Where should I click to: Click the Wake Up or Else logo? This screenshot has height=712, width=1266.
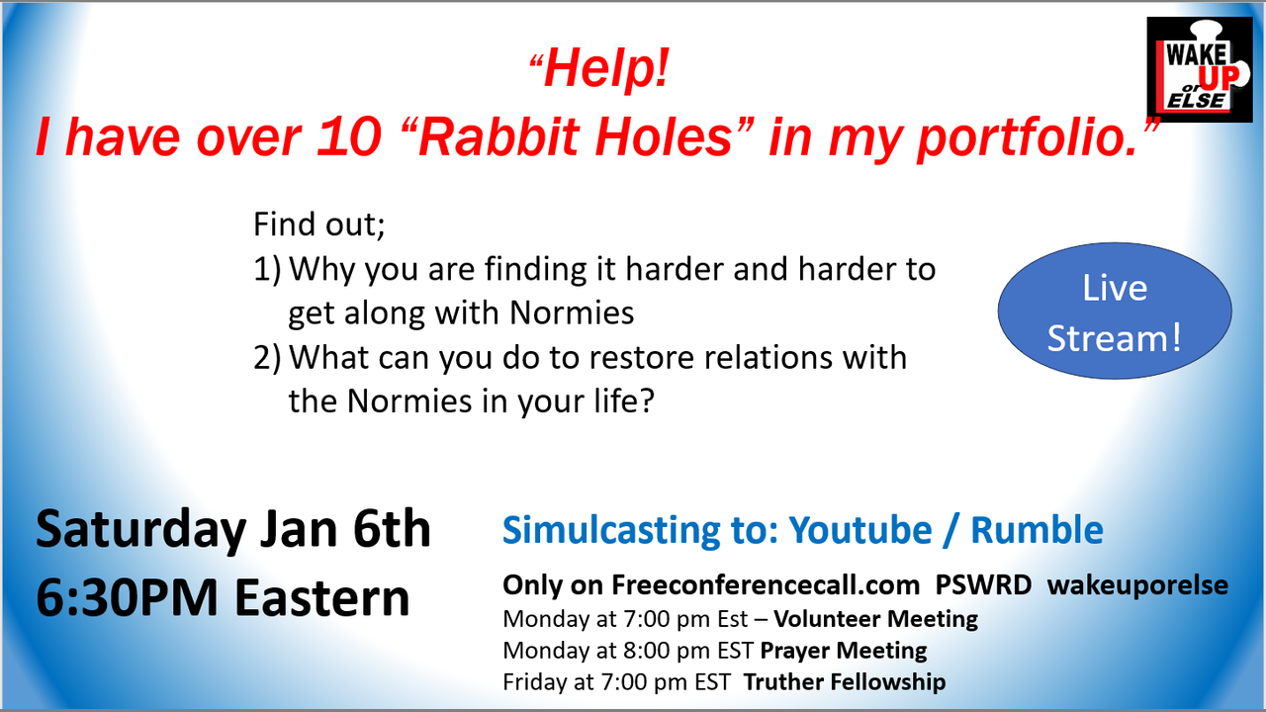coord(1200,69)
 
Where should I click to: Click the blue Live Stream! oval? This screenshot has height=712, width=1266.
coord(1115,311)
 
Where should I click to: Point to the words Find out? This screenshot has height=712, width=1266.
coord(318,224)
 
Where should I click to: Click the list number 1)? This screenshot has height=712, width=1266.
coord(267,269)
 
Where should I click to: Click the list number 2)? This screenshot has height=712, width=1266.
coord(267,358)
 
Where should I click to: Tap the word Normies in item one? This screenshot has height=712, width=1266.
coord(572,312)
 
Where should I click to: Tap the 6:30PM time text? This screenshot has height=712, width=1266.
coord(127,598)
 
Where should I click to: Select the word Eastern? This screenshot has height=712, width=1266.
coord(322,598)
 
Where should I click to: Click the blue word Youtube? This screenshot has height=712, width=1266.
coord(859,530)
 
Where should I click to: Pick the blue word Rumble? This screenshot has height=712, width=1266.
coord(1037,530)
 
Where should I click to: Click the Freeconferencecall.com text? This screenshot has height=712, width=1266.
coord(766,585)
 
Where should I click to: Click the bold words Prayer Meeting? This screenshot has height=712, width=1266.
coord(844,651)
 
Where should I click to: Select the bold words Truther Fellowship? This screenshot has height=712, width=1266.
coord(845,682)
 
